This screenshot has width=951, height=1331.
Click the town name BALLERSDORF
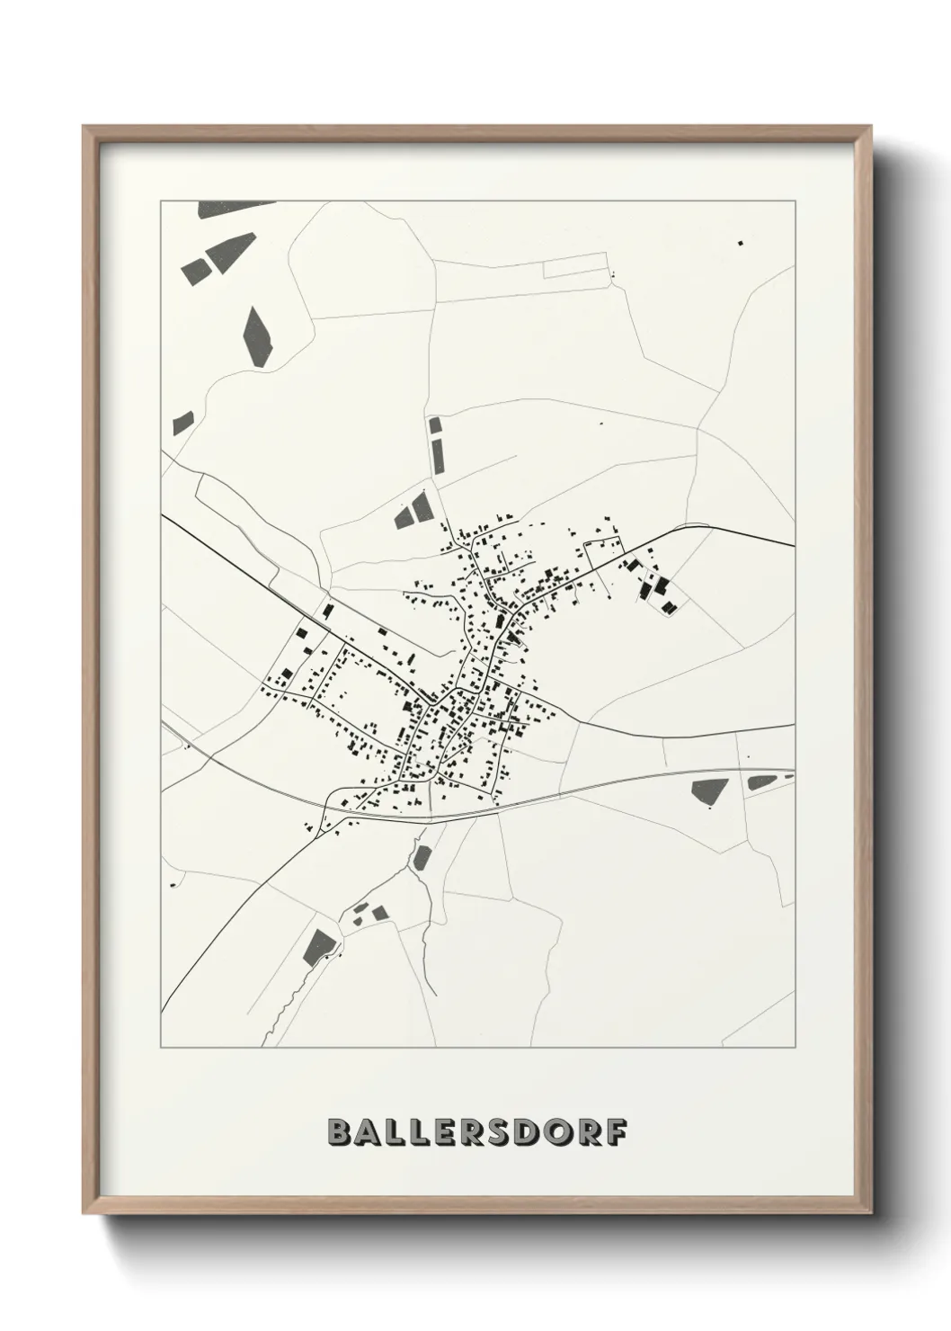[476, 1132]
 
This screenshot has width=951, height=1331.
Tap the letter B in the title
[340, 1132]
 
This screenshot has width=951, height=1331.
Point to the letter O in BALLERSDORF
[559, 1132]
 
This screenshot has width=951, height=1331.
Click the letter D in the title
[531, 1132]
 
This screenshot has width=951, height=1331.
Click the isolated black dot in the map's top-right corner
[741, 242]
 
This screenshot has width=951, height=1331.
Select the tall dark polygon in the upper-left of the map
[256, 335]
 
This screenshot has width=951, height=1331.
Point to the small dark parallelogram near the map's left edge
[183, 421]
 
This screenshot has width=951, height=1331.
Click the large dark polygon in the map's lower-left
[319, 946]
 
